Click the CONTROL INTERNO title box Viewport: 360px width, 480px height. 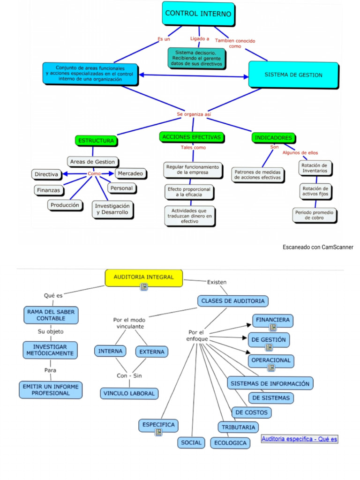point(198,14)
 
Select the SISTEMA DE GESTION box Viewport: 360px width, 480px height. point(293,75)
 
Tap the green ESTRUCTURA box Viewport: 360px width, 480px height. point(96,140)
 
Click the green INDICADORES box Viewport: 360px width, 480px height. point(274,138)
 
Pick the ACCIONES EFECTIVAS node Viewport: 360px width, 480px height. point(191,137)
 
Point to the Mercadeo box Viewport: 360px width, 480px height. point(131,173)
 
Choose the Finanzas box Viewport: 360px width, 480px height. point(49,190)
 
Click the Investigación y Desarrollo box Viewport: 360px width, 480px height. point(112,209)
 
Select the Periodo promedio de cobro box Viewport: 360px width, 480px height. point(315,215)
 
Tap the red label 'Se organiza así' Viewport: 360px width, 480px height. point(194,114)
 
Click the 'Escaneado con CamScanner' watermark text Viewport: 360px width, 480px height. point(318,247)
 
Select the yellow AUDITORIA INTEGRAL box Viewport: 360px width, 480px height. point(143,277)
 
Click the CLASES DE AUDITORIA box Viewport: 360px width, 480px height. point(232,300)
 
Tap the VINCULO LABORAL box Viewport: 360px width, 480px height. point(129,393)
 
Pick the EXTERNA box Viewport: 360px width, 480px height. point(151,351)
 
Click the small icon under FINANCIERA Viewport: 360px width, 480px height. point(272,328)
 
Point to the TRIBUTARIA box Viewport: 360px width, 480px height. point(238,427)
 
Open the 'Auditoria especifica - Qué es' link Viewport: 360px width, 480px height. point(299,439)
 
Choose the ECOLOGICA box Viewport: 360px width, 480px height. point(230,442)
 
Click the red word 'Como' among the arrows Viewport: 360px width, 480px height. point(94,174)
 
